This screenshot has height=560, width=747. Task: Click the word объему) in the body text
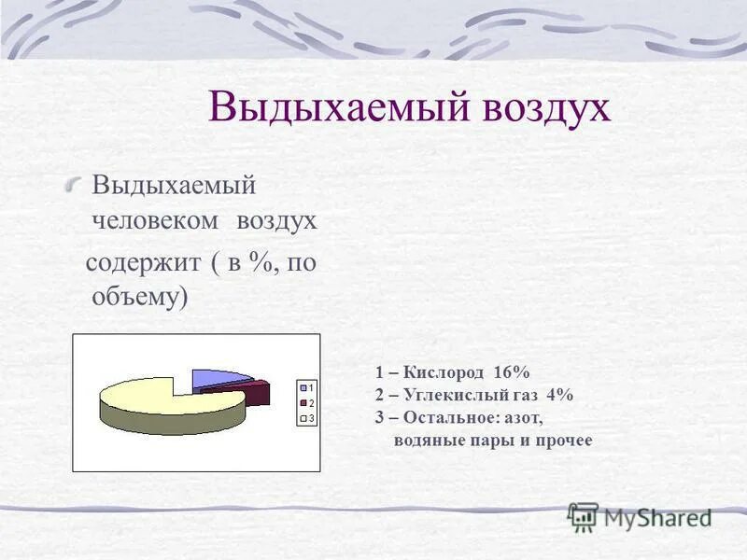click(x=140, y=298)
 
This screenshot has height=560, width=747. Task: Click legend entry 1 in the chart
click(x=306, y=385)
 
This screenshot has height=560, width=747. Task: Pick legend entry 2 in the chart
click(x=306, y=402)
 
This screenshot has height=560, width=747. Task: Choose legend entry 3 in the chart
click(x=306, y=418)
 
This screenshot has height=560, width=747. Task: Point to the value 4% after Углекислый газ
click(x=561, y=395)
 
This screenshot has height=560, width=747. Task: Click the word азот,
click(x=525, y=417)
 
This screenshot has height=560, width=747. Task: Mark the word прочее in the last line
click(x=564, y=440)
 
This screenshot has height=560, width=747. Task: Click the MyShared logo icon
click(x=584, y=515)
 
